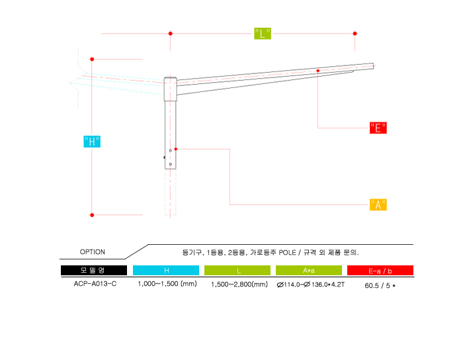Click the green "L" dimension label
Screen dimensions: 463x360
pos(263,34)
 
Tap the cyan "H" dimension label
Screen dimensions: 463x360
pos(92,142)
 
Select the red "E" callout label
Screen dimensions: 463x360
pos(378,128)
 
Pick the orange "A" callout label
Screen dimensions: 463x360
pos(378,204)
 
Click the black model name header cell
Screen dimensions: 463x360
pos(94,270)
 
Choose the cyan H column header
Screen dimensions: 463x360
pos(166,270)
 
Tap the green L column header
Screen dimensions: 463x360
pos(237,270)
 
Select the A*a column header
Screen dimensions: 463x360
pos(309,270)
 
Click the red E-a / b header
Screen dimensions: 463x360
pos(380,270)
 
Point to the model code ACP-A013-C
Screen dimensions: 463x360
pos(95,284)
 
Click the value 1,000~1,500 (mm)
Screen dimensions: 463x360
pos(167,284)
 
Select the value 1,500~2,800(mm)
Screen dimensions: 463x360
pos(239,285)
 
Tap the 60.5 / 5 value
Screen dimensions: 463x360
pos(380,286)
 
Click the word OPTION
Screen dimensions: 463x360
pos(93,252)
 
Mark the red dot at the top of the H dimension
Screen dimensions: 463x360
pos(92,60)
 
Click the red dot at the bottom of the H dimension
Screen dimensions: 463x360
pos(92,215)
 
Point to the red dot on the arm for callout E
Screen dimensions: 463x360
pos(317,71)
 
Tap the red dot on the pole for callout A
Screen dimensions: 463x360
pos(176,149)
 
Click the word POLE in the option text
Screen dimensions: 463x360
pos(287,253)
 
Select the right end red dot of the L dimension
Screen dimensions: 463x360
pos(355,34)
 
